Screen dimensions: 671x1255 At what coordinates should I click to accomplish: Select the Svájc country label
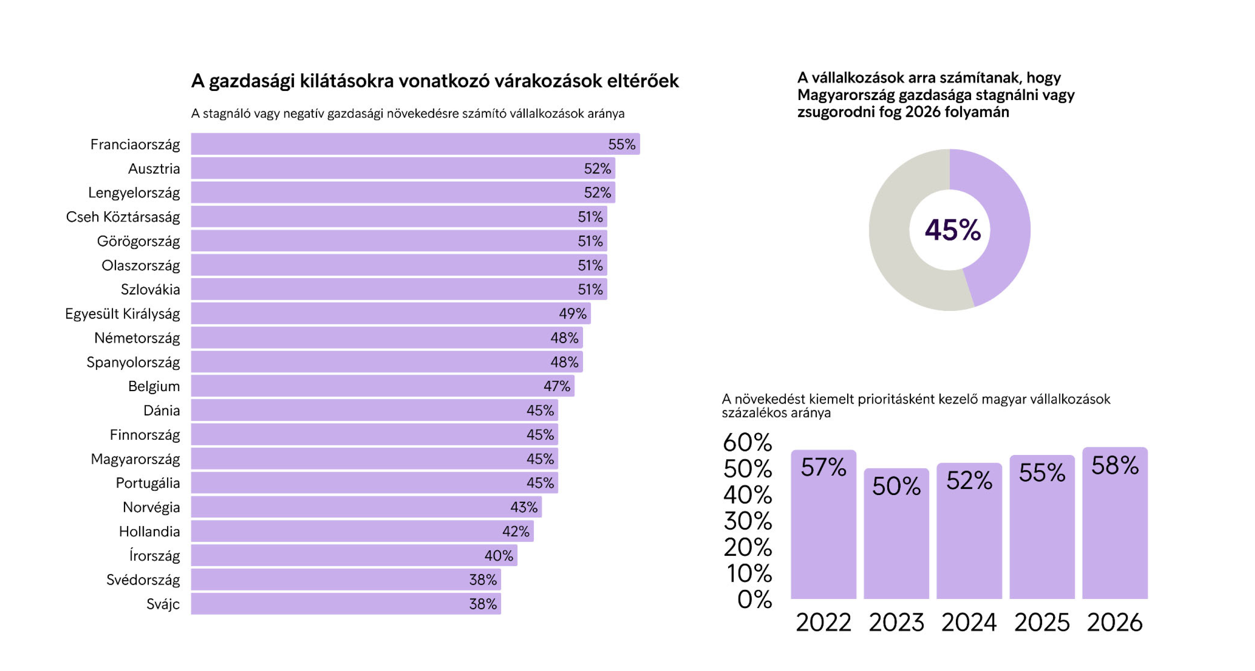coord(163,604)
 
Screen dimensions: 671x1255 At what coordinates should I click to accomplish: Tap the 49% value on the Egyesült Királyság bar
coord(572,314)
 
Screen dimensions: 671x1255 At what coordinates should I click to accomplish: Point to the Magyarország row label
coord(136,459)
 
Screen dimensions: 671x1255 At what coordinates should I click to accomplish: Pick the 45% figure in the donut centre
coord(952,230)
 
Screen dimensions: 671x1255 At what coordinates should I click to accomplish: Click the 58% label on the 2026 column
coord(1115,465)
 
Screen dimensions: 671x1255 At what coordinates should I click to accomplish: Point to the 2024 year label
coord(969,622)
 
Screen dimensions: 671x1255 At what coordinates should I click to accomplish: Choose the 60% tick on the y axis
coord(747,442)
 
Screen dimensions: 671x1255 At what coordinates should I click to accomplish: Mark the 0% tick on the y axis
coord(754,599)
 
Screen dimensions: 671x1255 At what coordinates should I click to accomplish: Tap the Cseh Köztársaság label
coord(123,216)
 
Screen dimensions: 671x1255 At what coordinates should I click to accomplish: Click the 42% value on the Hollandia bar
coord(515,531)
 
